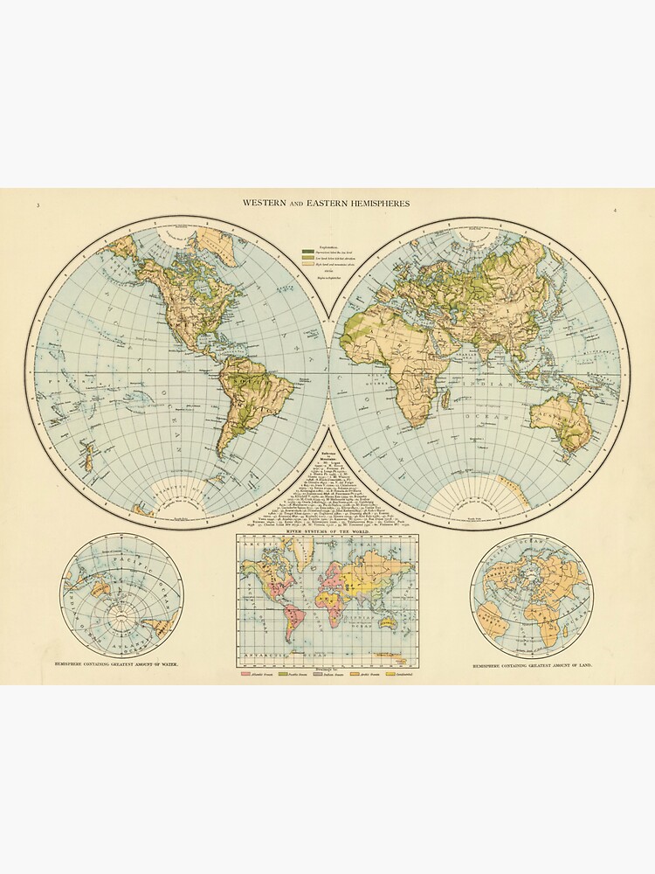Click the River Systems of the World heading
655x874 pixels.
pos(327,531)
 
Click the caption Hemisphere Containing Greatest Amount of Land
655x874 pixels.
pos(533,666)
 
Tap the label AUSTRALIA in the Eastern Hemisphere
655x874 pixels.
pos(556,417)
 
